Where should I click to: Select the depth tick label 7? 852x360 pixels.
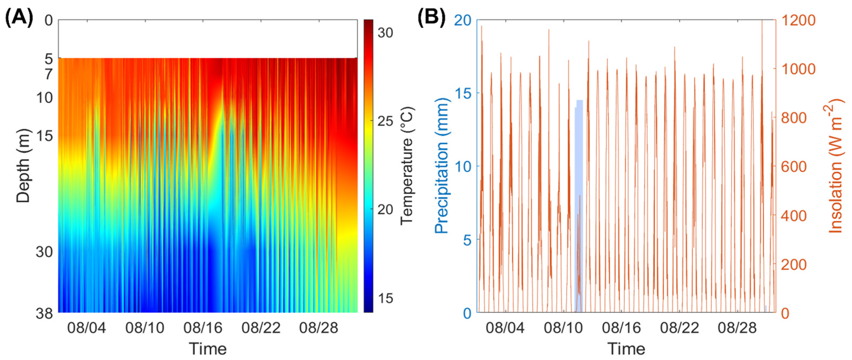pyautogui.click(x=49, y=74)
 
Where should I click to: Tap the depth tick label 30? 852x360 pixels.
pyautogui.click(x=44, y=252)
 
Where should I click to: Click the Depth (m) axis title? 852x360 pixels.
pyautogui.click(x=23, y=166)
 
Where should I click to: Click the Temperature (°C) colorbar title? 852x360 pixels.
pyautogui.click(x=407, y=166)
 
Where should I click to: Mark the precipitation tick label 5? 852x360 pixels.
pyautogui.click(x=467, y=240)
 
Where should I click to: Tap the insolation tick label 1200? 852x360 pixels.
pyautogui.click(x=798, y=21)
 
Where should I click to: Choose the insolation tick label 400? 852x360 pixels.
pyautogui.click(x=794, y=216)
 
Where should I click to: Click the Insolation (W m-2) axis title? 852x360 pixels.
pyautogui.click(x=835, y=166)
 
